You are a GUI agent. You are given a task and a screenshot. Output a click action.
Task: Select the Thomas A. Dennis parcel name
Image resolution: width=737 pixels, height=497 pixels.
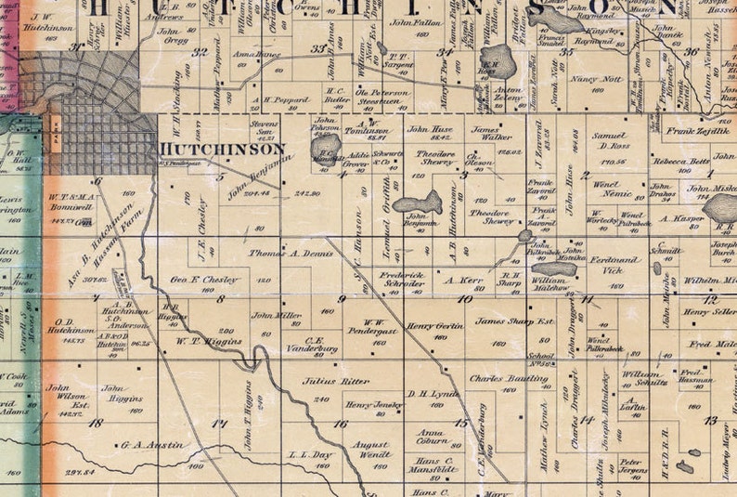pyautogui.click(x=291, y=252)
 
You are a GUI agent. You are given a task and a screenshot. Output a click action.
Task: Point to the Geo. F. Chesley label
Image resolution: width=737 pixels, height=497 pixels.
pyautogui.click(x=205, y=280)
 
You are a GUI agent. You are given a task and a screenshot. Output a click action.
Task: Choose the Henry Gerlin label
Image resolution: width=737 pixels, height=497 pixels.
pyautogui.click(x=435, y=327)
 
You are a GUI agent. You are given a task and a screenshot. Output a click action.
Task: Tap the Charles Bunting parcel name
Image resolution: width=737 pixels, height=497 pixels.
pyautogui.click(x=508, y=379)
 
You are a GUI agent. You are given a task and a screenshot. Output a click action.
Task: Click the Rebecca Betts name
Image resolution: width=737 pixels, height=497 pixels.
pyautogui.click(x=680, y=161)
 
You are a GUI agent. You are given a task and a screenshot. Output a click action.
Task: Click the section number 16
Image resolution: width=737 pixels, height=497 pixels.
pyautogui.click(x=341, y=424)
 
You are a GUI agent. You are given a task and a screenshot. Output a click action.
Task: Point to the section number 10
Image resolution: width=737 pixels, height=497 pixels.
pyautogui.click(x=464, y=299)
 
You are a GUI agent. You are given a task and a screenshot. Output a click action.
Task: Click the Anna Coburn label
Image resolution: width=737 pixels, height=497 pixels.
pyautogui.click(x=433, y=438)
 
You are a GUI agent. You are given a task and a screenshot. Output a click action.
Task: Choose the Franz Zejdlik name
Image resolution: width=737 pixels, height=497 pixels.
pyautogui.click(x=693, y=132)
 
